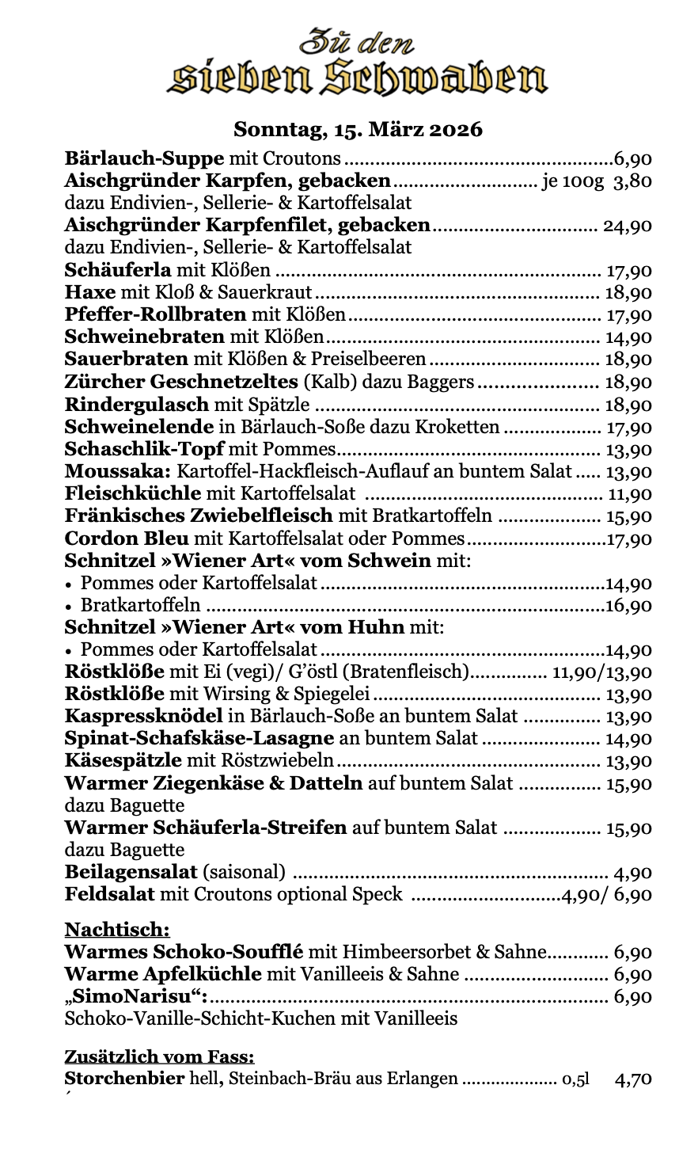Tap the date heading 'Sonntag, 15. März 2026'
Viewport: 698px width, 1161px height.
point(358,129)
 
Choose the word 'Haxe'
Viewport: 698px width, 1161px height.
point(89,292)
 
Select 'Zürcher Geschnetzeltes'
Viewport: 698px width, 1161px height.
point(181,382)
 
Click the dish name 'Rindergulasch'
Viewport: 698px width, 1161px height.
point(136,405)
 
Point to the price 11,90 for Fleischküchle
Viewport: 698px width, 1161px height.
point(629,494)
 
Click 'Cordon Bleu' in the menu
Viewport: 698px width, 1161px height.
point(127,539)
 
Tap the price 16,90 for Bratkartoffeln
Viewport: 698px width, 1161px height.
point(629,606)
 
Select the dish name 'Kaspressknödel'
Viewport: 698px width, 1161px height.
point(143,717)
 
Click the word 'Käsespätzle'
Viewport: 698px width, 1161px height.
point(123,761)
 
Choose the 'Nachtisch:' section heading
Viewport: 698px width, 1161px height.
point(117,929)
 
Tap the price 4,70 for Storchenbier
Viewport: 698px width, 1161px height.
point(633,1078)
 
